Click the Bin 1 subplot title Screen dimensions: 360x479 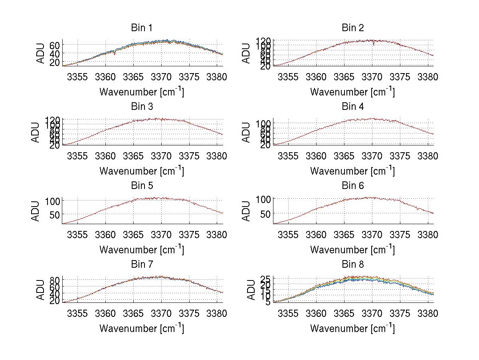[x=142, y=28]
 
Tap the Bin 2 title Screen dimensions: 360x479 [x=352, y=28]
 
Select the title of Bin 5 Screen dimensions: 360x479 [x=142, y=186]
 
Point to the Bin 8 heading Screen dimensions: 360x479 [x=352, y=265]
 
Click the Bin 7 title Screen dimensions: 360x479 [x=142, y=265]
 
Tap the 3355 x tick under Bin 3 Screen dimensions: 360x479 [x=77, y=156]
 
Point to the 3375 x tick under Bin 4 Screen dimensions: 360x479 [x=400, y=156]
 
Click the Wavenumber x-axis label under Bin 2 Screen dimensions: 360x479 [x=352, y=91]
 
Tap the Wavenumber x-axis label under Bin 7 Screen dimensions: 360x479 [x=142, y=328]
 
